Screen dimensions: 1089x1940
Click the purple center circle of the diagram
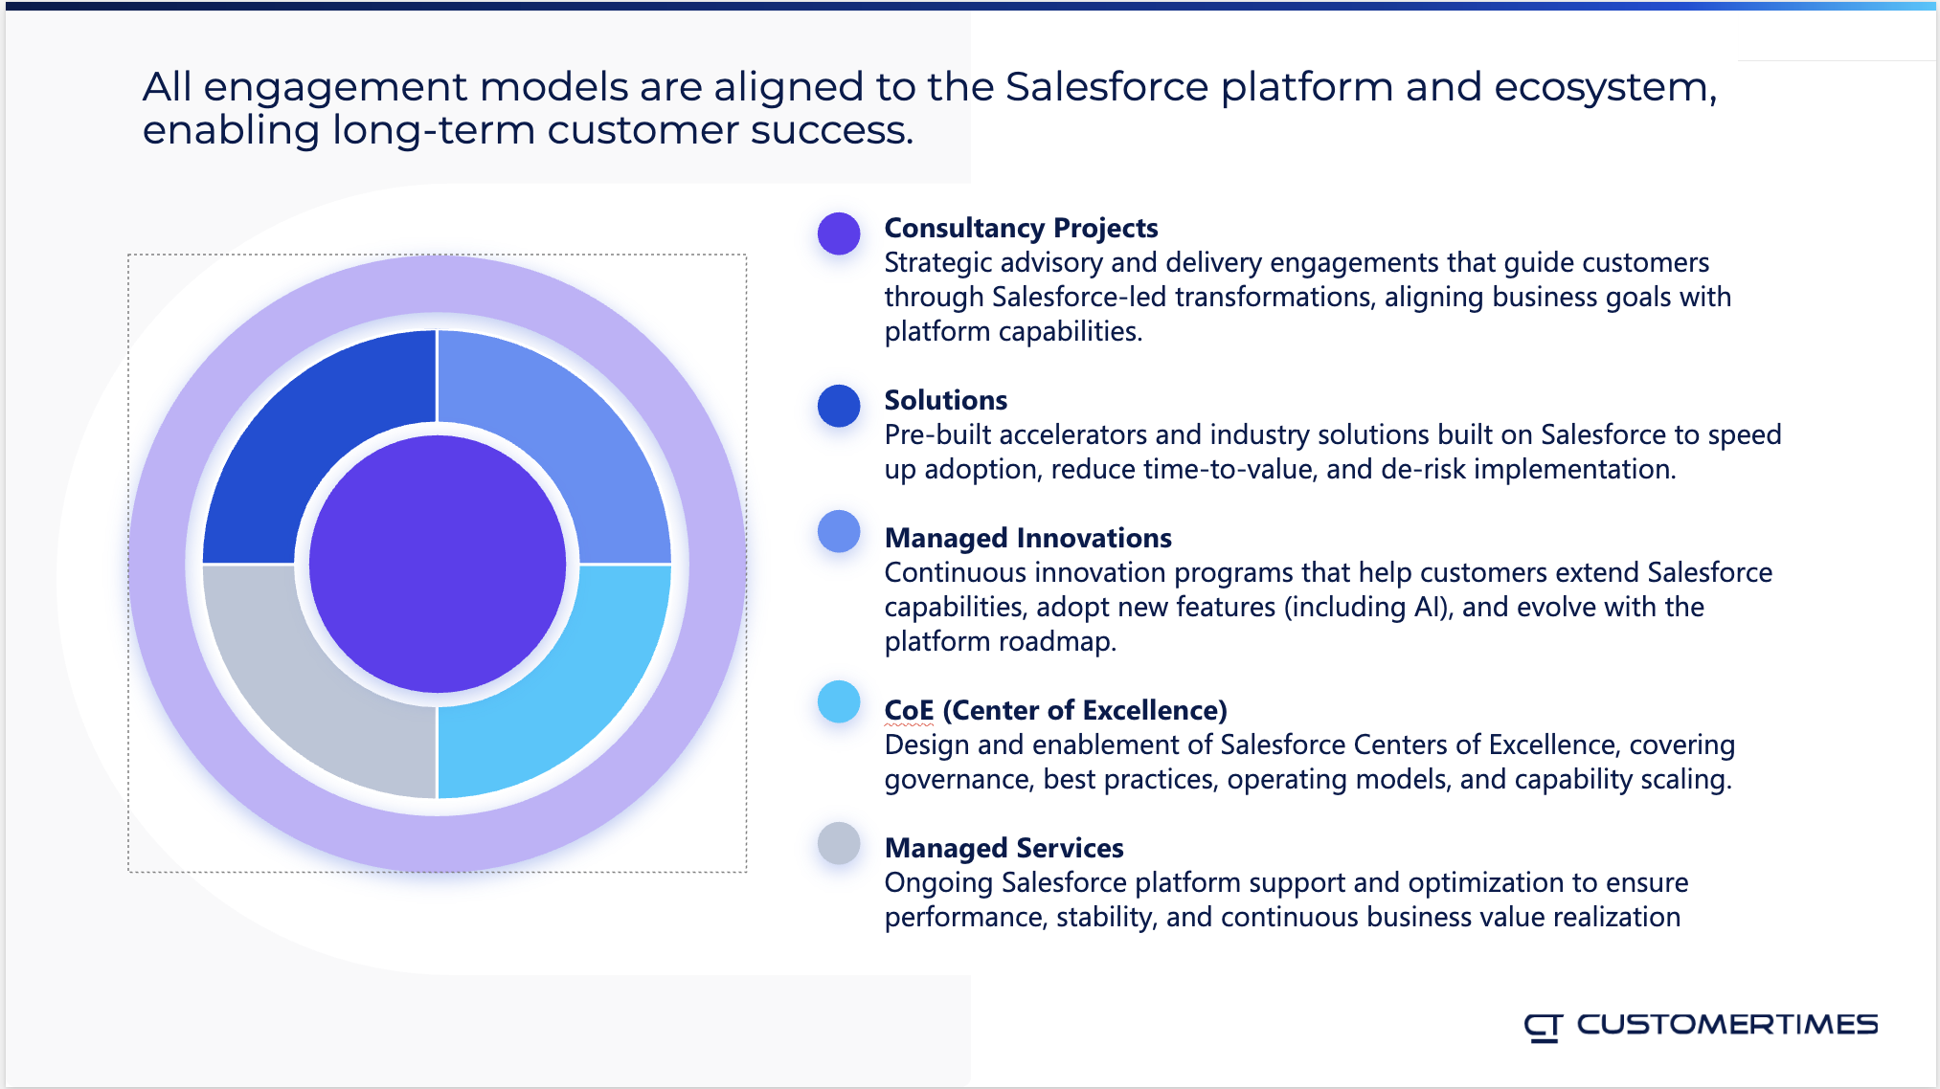tap(438, 564)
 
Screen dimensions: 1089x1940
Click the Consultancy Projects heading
tap(1021, 228)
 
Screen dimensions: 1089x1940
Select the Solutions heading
tap(945, 400)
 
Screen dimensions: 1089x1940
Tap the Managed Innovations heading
tap(1027, 538)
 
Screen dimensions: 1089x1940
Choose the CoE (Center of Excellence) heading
tap(1055, 710)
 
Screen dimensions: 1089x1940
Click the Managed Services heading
tap(1004, 848)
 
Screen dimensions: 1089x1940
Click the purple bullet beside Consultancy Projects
tap(839, 233)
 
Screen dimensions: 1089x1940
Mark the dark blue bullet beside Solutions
tap(839, 406)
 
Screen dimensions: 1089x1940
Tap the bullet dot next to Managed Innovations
tap(839, 531)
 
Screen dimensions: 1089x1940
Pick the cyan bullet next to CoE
tap(839, 701)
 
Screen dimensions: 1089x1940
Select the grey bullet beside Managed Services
tap(839, 843)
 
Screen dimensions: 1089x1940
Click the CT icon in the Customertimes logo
tap(1543, 1027)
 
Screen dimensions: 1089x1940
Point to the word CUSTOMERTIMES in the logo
tap(1726, 1025)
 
